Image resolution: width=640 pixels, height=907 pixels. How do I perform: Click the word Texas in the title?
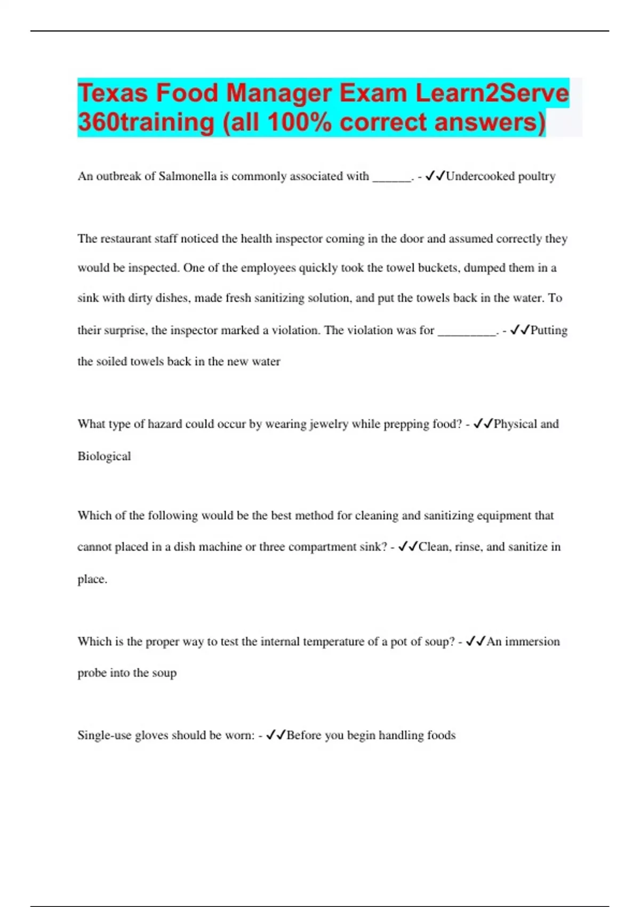tap(113, 93)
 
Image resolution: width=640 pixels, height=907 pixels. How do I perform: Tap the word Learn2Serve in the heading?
tap(492, 93)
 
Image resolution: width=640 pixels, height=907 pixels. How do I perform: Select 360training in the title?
tap(146, 122)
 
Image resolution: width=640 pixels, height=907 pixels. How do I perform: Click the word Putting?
tap(549, 331)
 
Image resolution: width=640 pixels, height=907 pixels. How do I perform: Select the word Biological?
tap(104, 457)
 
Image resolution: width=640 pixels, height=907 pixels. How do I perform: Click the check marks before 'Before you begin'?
tap(276, 736)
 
